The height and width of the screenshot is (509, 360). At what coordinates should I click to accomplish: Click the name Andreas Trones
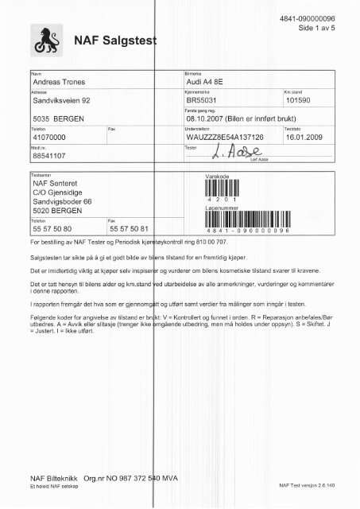click(64, 83)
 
